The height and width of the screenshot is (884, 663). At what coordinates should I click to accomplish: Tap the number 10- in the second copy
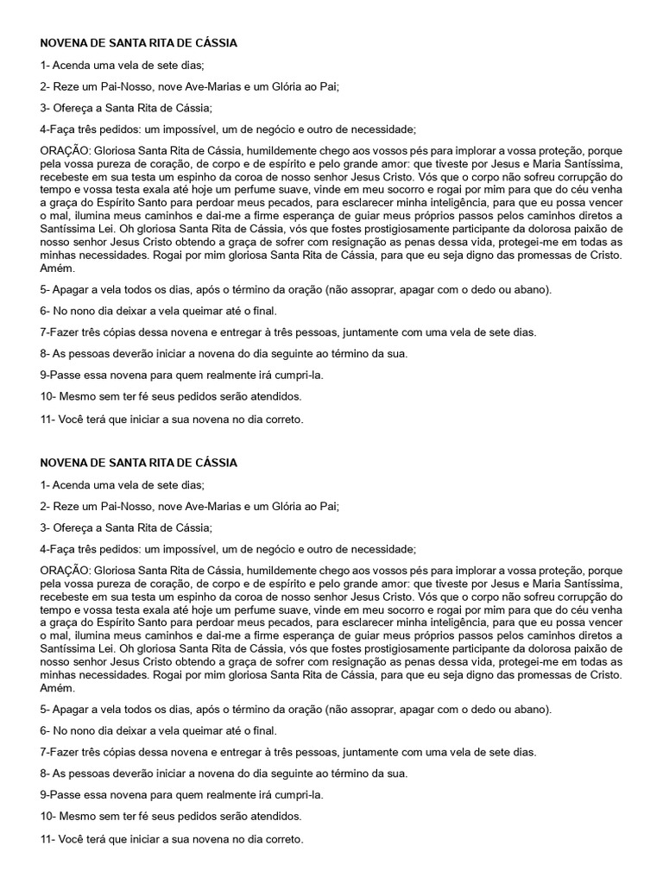click(48, 816)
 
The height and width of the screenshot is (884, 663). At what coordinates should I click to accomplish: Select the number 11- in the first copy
click(48, 420)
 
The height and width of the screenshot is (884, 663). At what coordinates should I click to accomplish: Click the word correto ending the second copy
click(284, 838)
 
